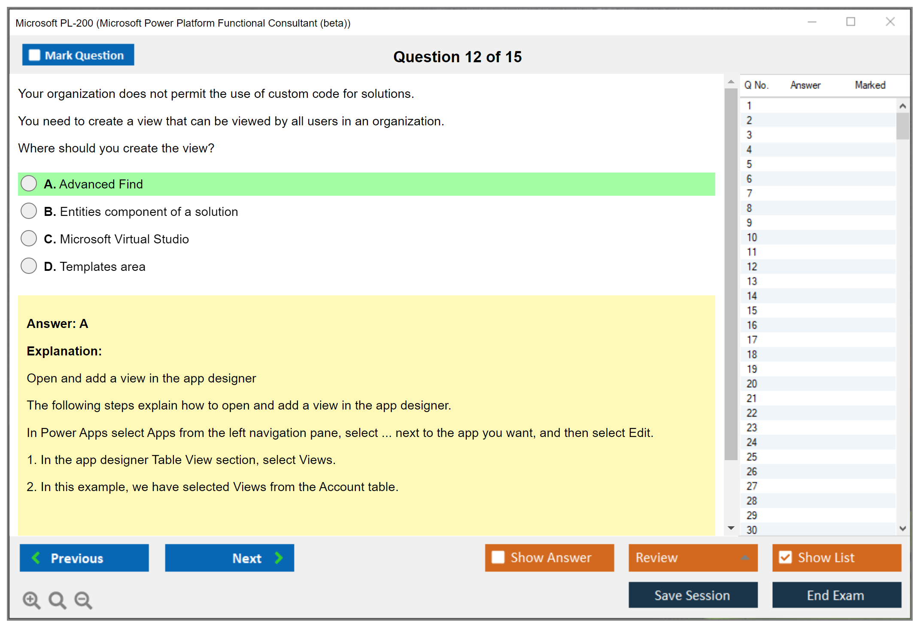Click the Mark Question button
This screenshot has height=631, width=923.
pyautogui.click(x=78, y=55)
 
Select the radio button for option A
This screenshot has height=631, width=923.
pyautogui.click(x=29, y=183)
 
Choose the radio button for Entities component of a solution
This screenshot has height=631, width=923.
pyautogui.click(x=29, y=211)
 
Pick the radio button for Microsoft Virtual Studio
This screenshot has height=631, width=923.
pyautogui.click(x=29, y=238)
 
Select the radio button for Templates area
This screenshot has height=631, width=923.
pyautogui.click(x=29, y=266)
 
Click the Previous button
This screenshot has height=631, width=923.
pyautogui.click(x=84, y=558)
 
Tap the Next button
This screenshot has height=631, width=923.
pyautogui.click(x=230, y=558)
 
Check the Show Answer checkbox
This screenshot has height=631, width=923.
pyautogui.click(x=498, y=557)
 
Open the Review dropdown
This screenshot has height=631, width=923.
pyautogui.click(x=693, y=558)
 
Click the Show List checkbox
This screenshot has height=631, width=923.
pyautogui.click(x=785, y=557)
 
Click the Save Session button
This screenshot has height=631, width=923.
pyautogui.click(x=693, y=595)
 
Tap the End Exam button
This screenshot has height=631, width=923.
pyautogui.click(x=837, y=595)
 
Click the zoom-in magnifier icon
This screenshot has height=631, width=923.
pyautogui.click(x=32, y=600)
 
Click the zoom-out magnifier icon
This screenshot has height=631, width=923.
pyautogui.click(x=83, y=600)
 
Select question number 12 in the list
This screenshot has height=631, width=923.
pyautogui.click(x=752, y=267)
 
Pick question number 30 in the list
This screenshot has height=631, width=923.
pyautogui.click(x=752, y=530)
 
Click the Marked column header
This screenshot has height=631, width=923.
pyautogui.click(x=870, y=85)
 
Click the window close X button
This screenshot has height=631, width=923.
pyautogui.click(x=890, y=21)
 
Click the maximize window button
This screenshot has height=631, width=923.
pyautogui.click(x=851, y=21)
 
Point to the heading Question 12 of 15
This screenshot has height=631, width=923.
pyautogui.click(x=458, y=57)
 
